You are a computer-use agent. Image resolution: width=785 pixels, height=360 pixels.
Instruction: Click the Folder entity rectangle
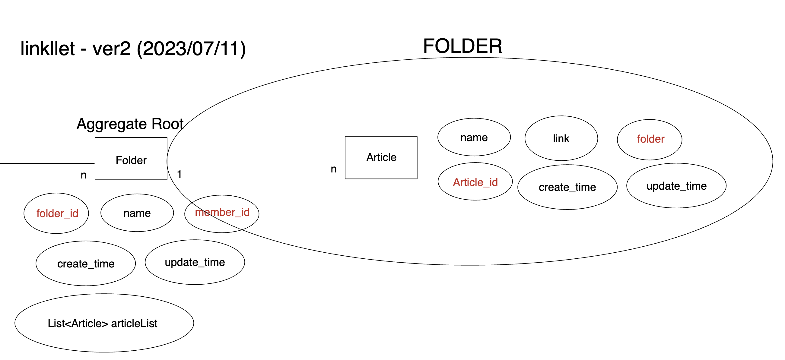[x=131, y=159]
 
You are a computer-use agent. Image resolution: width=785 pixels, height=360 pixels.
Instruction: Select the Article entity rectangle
[x=381, y=157]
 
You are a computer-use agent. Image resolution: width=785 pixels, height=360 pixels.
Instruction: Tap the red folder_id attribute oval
[x=56, y=213]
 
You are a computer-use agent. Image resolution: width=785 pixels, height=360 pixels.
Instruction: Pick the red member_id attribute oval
[x=222, y=213]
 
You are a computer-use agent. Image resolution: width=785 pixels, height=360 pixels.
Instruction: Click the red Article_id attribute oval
[x=475, y=182]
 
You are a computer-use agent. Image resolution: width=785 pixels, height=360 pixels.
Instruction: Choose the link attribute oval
[x=561, y=138]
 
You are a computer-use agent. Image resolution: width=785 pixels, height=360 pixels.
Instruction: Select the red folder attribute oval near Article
[x=650, y=139]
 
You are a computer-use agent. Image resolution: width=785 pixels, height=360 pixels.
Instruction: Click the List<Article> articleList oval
[x=104, y=323]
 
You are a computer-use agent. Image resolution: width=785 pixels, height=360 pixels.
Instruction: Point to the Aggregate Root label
[x=130, y=124]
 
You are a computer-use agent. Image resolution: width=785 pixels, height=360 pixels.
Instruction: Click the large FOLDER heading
[x=462, y=46]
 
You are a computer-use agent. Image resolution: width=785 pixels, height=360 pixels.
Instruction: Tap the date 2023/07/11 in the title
[x=191, y=49]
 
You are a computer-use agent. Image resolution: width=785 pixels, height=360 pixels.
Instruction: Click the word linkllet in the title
[x=48, y=49]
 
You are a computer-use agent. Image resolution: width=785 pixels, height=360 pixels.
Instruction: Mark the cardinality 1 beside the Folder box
[x=180, y=174]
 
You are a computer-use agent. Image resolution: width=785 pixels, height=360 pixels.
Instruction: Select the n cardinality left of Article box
[x=334, y=169]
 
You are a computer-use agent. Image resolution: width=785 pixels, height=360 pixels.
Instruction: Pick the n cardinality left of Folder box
[x=84, y=175]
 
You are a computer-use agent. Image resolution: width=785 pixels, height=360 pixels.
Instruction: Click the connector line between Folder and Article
[x=256, y=161]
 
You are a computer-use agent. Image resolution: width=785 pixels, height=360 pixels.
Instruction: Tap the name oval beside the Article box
[x=474, y=137]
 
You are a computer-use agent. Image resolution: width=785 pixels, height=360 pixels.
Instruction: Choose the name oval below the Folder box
[x=137, y=213]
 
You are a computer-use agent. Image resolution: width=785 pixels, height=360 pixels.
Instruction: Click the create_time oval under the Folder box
[x=86, y=264]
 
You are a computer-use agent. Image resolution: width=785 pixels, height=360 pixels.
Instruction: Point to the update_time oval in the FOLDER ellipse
[x=676, y=186]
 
